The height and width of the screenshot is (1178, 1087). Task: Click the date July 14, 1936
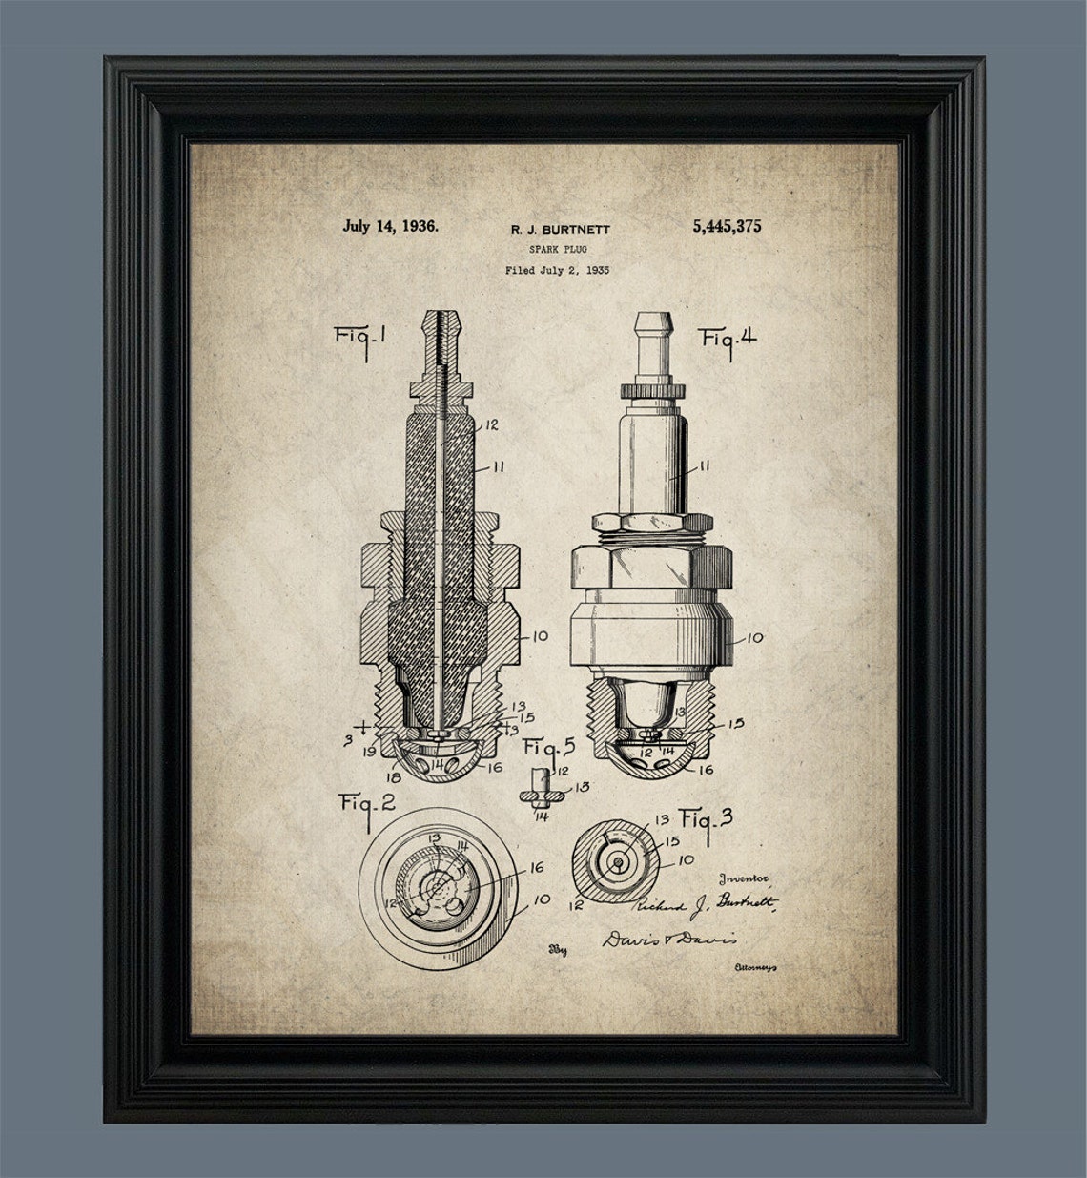click(390, 227)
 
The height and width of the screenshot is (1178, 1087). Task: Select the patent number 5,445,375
click(716, 227)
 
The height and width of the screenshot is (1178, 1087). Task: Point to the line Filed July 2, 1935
click(557, 270)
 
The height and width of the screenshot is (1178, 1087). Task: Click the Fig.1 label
click(359, 337)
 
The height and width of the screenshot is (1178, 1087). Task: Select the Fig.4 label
click(728, 338)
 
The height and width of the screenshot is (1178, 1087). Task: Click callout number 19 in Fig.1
click(367, 753)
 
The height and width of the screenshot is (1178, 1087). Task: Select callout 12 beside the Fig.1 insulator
click(492, 425)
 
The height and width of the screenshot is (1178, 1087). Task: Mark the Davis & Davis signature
click(669, 939)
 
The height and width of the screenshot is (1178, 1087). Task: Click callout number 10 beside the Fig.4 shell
click(754, 638)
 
